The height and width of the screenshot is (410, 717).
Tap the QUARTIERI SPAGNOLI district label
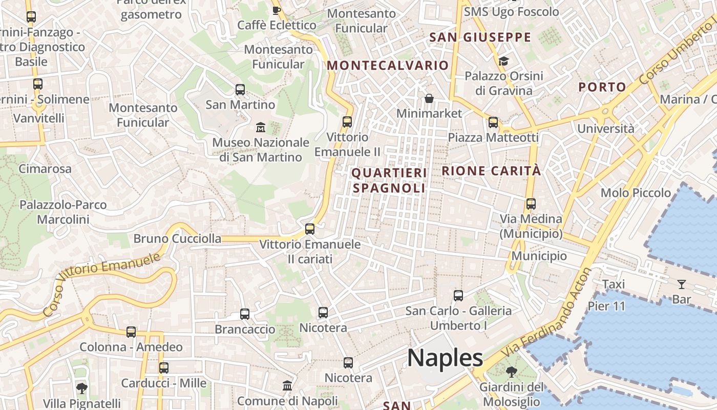(x=389, y=180)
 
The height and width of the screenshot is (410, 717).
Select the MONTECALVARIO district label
(x=388, y=66)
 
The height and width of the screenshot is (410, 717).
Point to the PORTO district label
(x=602, y=87)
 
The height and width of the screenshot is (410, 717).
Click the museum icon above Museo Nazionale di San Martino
(x=260, y=127)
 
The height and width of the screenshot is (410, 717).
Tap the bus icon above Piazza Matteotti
(x=493, y=122)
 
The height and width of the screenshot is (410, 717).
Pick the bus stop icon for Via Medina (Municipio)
(x=531, y=204)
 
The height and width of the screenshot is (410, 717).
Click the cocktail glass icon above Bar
(x=682, y=284)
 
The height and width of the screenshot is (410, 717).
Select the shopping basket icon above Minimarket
(x=429, y=98)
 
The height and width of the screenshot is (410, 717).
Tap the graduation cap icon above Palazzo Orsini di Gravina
(x=503, y=61)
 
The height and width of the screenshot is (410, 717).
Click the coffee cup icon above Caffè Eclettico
(x=277, y=10)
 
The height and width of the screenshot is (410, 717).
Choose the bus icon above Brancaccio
(x=245, y=314)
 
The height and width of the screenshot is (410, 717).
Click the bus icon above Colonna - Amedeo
(x=131, y=332)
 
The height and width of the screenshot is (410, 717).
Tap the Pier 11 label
(x=607, y=306)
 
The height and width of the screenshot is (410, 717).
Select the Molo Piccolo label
(x=636, y=193)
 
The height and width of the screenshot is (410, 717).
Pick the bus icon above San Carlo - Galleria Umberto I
(x=458, y=296)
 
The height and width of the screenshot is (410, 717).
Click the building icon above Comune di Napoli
(x=287, y=386)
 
